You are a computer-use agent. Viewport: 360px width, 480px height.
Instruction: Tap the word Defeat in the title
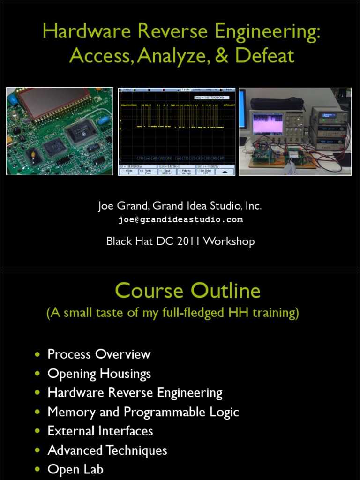(265, 56)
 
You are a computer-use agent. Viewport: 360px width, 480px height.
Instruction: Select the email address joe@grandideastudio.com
(180, 219)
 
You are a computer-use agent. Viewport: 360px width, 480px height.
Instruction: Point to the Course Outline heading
(187, 291)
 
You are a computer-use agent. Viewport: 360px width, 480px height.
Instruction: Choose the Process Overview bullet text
(99, 354)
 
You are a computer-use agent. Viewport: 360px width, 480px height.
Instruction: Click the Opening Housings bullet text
(99, 374)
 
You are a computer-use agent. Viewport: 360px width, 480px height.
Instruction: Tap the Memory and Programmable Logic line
(143, 412)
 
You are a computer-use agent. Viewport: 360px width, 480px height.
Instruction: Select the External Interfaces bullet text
(100, 431)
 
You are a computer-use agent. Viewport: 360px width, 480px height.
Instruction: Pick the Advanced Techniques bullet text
(107, 450)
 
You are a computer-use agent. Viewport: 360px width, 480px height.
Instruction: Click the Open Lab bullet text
(75, 469)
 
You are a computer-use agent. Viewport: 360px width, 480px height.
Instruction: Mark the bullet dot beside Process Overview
(37, 354)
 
